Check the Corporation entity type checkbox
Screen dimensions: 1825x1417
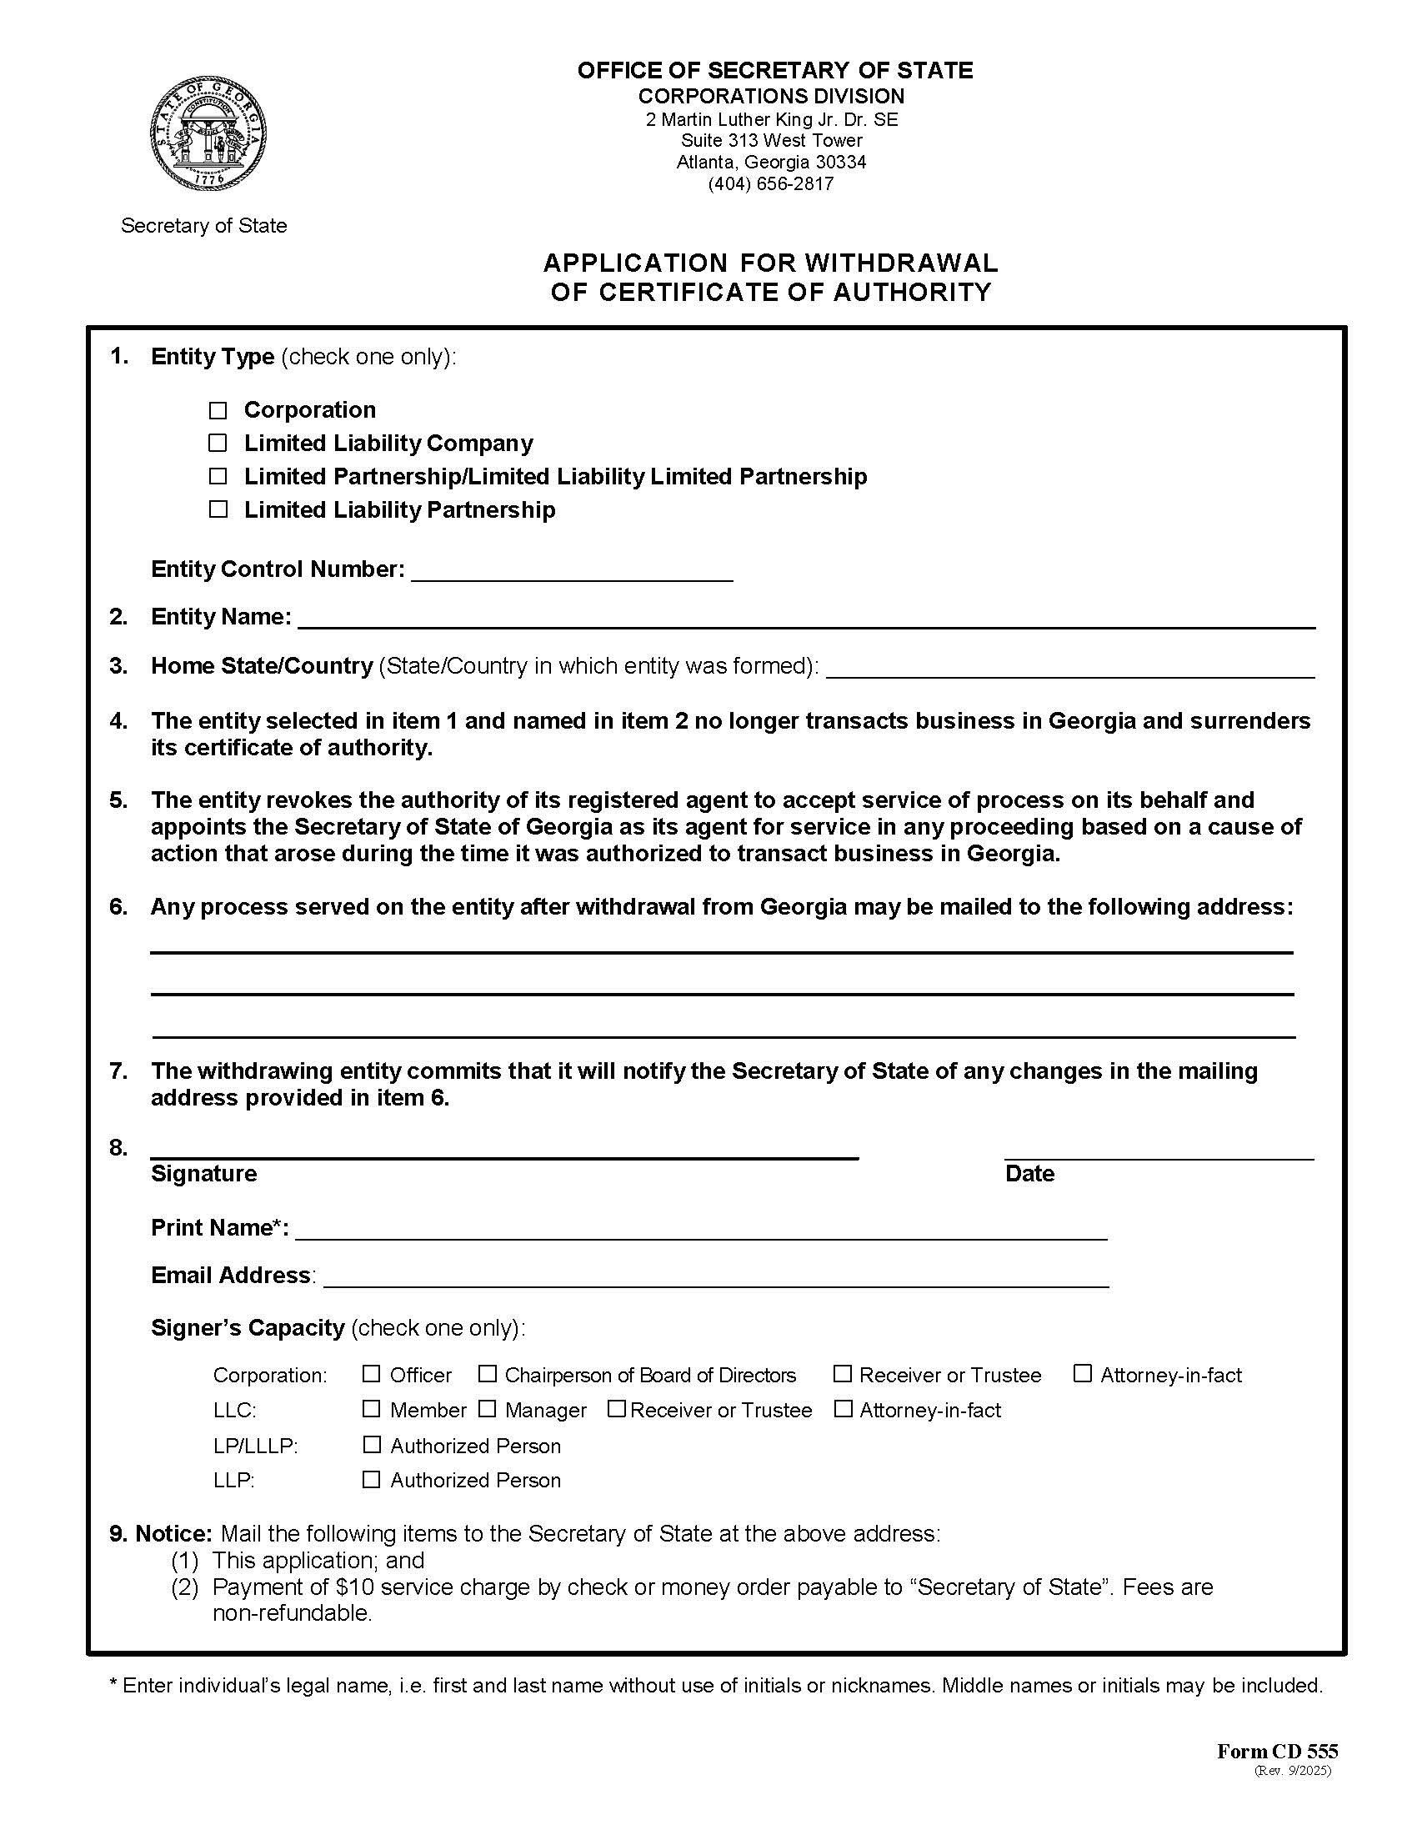tap(218, 410)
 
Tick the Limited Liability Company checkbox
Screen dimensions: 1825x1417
tap(218, 443)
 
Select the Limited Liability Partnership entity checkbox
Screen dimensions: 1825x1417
tap(218, 509)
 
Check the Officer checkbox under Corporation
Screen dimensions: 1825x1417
tap(372, 1374)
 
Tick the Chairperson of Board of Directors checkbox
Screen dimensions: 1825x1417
tap(487, 1374)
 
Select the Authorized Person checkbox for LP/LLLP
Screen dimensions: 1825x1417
tap(372, 1445)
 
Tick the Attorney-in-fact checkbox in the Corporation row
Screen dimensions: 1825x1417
tap(1082, 1374)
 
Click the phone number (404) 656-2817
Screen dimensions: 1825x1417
tap(770, 184)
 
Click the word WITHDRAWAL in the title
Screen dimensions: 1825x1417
tap(901, 263)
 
